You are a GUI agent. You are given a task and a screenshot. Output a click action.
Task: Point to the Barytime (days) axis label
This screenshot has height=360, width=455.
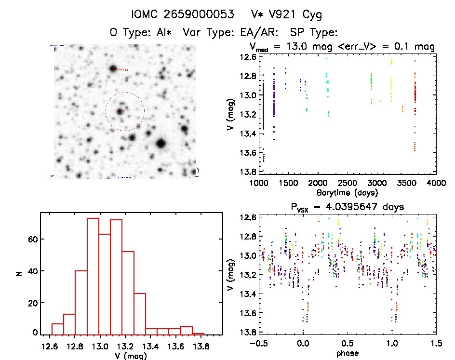tap(347, 193)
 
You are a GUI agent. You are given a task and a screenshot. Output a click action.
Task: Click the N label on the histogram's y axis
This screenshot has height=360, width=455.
tap(19, 273)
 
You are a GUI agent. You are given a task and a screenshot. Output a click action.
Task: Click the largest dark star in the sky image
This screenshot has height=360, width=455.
tap(161, 143)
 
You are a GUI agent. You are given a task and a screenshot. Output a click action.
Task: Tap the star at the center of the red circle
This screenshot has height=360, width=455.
tap(120, 112)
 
